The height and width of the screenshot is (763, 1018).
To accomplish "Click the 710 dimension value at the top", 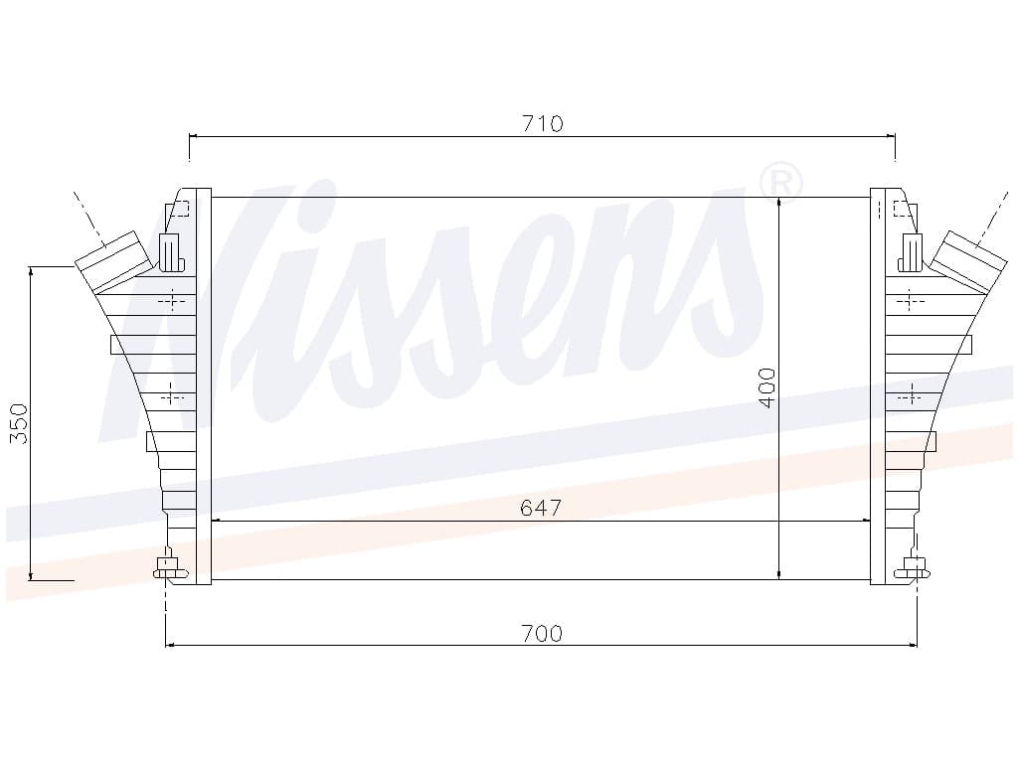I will point(542,124).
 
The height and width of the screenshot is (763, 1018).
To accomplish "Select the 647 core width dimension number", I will point(541,509).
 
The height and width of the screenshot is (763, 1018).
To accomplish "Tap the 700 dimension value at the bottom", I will point(542,633).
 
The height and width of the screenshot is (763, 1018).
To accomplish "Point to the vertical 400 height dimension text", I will point(766,387).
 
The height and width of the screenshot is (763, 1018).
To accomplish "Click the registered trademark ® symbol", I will point(780,182).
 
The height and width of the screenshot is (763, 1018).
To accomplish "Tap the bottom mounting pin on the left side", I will point(167,568).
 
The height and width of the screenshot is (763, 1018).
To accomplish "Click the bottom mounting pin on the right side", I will point(912,568).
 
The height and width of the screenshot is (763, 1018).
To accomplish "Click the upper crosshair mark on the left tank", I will point(172,299).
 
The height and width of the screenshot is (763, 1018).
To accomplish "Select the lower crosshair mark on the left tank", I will point(172,396).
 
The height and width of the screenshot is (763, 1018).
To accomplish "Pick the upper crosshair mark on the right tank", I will point(910,299).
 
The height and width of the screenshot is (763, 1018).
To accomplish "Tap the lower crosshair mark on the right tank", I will point(910,396).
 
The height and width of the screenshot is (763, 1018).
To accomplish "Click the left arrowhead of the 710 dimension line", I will point(194,136).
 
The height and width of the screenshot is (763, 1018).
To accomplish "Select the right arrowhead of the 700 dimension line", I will point(912,646).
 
